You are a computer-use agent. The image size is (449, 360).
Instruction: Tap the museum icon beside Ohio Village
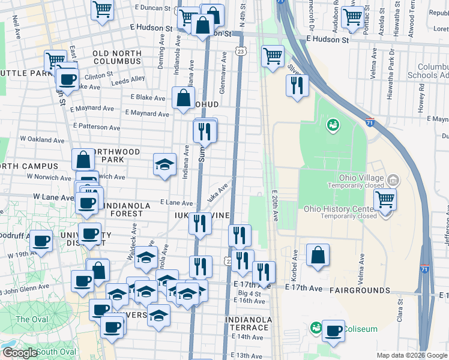pos(393,179)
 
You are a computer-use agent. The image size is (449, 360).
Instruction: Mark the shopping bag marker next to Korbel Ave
pos(318,255)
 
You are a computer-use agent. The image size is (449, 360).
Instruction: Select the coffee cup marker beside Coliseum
pos(333,330)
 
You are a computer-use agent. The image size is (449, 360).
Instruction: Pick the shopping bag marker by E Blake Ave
pos(182,98)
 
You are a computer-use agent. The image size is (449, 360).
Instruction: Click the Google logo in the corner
pos(20,353)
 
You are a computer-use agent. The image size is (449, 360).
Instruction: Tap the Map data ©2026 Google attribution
pos(411,355)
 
